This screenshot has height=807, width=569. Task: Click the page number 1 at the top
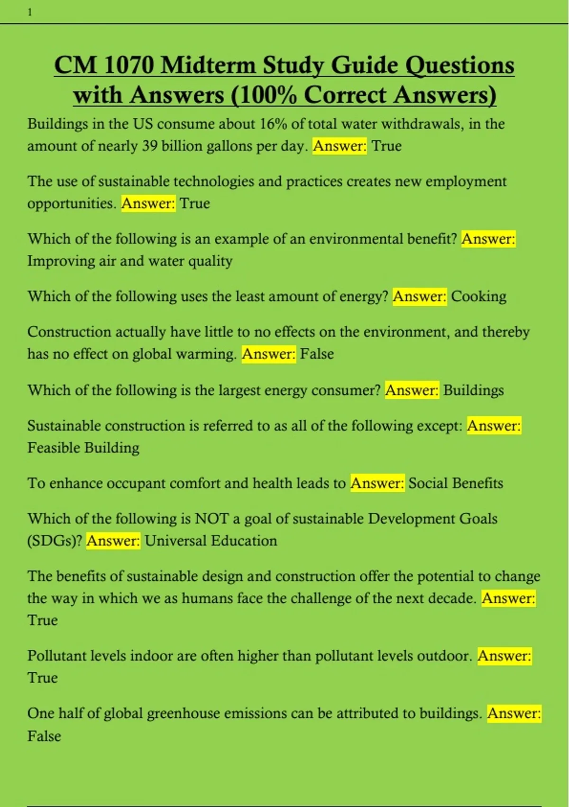pos(30,13)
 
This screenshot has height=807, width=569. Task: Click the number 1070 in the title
pos(128,65)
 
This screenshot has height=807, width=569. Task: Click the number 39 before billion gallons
pos(150,146)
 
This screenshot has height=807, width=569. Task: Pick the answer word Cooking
pos(478,297)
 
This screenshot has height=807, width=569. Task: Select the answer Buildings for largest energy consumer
pos(473,390)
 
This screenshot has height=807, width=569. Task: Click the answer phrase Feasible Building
pos(83,448)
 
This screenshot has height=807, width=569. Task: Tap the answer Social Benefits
pos(456,483)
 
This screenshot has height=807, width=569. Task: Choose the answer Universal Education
pos(211,541)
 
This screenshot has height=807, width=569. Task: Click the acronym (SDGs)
pos(55,541)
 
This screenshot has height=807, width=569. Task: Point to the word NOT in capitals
pos(211,518)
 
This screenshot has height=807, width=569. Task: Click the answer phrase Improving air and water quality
pos(130,261)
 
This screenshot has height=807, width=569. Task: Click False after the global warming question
pos(317,354)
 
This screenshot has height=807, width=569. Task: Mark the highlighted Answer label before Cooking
pos(420,297)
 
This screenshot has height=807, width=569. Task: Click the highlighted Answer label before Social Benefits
pos(377,483)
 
